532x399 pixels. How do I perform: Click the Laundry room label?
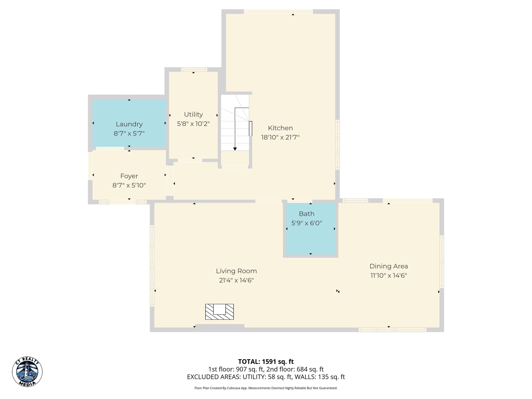[129, 124]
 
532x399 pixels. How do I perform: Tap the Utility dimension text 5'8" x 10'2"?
[193, 124]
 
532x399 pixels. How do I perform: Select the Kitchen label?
[280, 128]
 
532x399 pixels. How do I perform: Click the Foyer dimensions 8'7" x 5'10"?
[129, 185]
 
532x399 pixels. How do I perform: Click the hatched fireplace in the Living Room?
[220, 312]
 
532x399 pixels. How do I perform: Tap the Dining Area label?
[389, 266]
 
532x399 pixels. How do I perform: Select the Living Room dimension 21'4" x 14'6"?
[236, 280]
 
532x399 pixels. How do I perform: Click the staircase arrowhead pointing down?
[235, 149]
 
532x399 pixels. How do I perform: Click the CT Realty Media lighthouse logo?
[27, 371]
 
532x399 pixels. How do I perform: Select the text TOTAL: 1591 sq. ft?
[266, 362]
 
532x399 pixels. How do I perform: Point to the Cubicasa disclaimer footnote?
[266, 388]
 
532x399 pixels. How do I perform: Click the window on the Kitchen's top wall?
[278, 12]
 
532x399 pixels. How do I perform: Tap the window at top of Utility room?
[194, 69]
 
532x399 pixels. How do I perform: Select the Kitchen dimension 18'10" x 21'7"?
[280, 137]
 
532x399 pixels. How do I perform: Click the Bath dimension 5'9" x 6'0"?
[307, 223]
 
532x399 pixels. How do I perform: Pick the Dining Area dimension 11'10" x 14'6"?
[389, 275]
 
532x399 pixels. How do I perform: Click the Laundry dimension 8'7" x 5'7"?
[129, 133]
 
